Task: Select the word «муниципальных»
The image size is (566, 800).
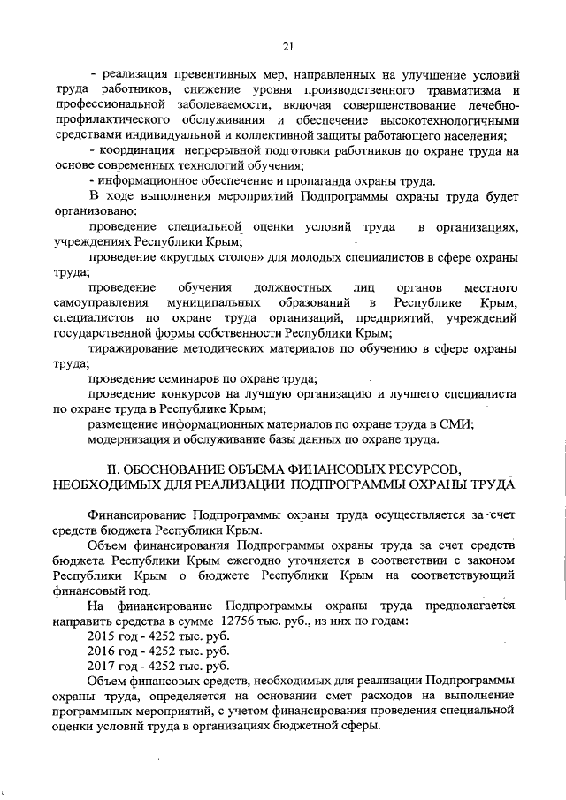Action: pos(218,303)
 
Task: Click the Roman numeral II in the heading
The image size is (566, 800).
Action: pos(113,468)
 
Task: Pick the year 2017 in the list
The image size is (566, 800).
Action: pos(103,665)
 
